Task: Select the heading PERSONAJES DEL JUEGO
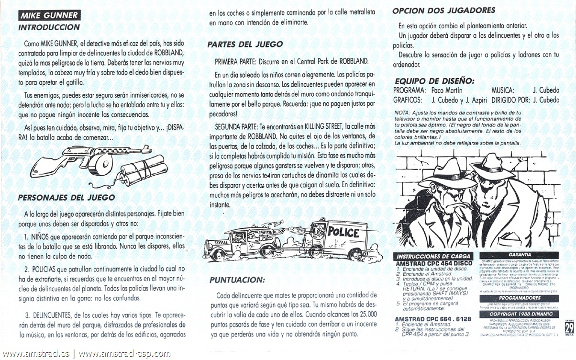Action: point(66,197)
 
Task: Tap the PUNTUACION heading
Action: point(237,280)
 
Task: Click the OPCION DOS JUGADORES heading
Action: point(443,10)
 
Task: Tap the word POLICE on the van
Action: point(343,233)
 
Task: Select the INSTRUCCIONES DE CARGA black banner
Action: point(434,256)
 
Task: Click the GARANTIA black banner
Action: point(520,255)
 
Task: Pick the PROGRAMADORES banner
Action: point(520,298)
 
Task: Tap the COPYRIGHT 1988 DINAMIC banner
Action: point(520,314)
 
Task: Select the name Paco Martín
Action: point(447,90)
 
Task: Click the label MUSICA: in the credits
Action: point(502,90)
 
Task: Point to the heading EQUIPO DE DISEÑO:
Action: point(434,80)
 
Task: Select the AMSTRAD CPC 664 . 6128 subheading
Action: point(432,319)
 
